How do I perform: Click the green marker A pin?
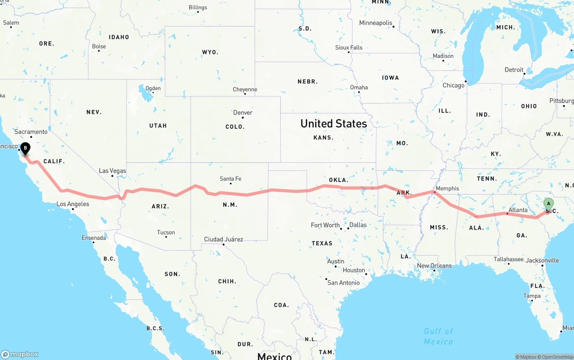548,204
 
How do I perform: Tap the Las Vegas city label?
113,171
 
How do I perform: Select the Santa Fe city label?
230,179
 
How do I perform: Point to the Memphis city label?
447,188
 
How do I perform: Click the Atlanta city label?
518,210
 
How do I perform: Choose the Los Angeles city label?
73,204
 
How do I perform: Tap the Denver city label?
243,113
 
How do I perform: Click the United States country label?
334,123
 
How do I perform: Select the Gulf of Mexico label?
439,336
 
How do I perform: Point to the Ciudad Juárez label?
223,239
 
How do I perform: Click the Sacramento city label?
31,132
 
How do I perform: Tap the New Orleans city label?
435,265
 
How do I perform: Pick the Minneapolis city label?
376,23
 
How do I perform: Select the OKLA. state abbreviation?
339,180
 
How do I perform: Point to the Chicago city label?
453,85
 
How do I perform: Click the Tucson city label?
166,232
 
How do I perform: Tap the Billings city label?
198,8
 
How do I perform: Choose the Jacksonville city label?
543,260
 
